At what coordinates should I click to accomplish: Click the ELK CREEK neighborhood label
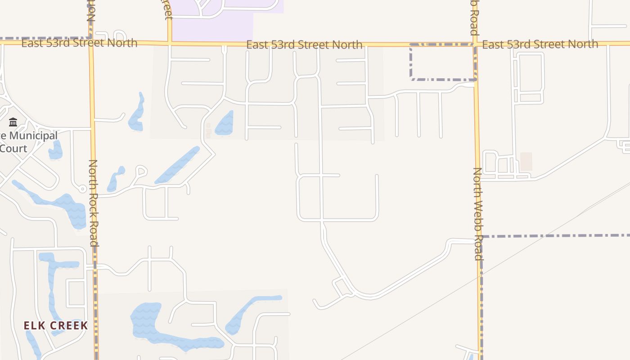click(x=55, y=325)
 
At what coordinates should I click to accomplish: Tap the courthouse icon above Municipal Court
click(x=13, y=122)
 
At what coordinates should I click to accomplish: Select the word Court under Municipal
click(x=13, y=148)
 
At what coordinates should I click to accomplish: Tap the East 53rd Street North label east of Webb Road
click(x=540, y=44)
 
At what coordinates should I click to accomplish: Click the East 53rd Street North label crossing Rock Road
click(x=79, y=43)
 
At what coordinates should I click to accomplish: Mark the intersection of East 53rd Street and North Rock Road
click(x=91, y=43)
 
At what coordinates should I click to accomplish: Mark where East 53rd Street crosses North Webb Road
click(x=475, y=44)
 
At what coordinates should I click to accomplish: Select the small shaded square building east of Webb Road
click(x=526, y=162)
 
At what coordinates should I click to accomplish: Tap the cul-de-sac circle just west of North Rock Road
click(x=83, y=189)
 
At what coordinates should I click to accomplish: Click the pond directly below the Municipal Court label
click(x=55, y=151)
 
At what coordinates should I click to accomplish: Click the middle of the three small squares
click(x=208, y=131)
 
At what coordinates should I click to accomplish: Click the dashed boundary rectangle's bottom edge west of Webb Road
click(x=443, y=80)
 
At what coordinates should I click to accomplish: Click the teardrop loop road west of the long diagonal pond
click(x=141, y=171)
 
